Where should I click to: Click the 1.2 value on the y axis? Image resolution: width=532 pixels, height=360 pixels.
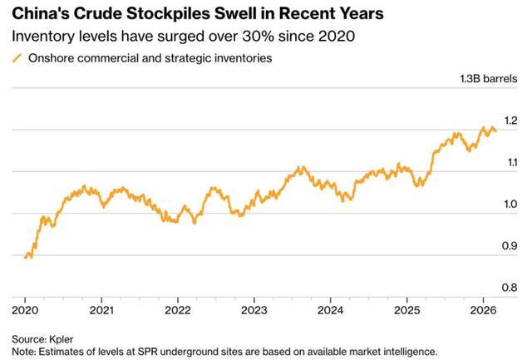511,121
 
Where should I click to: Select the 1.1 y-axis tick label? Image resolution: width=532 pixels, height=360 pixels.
511,163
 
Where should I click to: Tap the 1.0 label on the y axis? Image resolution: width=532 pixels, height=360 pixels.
511,205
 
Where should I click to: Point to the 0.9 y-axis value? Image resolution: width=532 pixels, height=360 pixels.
511,246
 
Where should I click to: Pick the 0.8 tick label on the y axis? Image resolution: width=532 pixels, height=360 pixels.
511,288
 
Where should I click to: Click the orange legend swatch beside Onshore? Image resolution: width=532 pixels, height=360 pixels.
17,58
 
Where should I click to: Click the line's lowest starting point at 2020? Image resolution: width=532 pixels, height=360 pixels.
27,258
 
